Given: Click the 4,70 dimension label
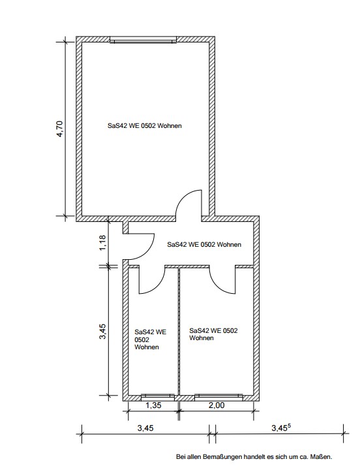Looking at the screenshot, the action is [x=60, y=129].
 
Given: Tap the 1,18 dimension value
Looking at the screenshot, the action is [x=102, y=242].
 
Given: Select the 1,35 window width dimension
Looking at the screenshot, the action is [x=153, y=405].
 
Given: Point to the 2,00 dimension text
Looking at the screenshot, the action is [x=217, y=405].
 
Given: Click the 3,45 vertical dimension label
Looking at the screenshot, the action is [x=102, y=331].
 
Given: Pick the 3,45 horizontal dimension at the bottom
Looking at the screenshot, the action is [x=145, y=428].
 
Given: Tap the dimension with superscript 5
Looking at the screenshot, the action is [x=282, y=428].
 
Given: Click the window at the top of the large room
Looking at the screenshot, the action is [x=143, y=40].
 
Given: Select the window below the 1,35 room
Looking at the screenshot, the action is [x=158, y=397].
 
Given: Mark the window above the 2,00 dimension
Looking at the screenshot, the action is [x=218, y=397].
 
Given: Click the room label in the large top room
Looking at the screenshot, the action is [x=145, y=125].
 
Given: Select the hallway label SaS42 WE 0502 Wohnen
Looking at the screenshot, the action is [x=204, y=244].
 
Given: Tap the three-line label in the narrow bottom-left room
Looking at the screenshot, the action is [x=151, y=339].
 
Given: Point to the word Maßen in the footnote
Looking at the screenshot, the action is [x=323, y=456].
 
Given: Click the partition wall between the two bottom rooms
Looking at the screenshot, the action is [x=179, y=330].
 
